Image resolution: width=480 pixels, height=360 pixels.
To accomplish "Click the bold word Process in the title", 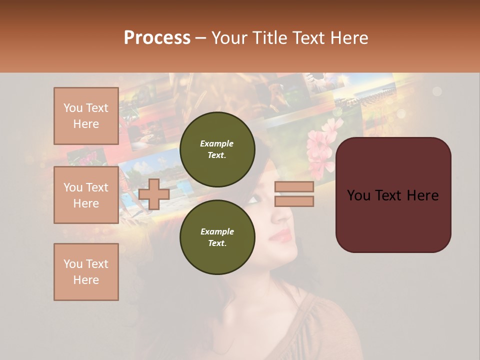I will [x=157, y=37].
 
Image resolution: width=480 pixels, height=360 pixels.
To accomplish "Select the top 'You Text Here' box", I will [x=86, y=116].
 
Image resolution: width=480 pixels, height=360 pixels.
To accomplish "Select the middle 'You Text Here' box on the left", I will [x=86, y=195].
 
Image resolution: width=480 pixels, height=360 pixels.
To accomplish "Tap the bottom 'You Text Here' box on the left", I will [x=86, y=272].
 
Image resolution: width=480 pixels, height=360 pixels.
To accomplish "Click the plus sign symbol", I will [x=154, y=194].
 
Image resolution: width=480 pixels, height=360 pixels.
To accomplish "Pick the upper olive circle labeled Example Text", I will [x=217, y=149].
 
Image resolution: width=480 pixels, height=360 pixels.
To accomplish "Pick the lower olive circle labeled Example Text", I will [x=217, y=237].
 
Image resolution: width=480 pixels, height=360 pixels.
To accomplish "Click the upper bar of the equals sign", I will [x=294, y=187].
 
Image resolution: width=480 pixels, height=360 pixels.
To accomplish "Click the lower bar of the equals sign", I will [x=294, y=201].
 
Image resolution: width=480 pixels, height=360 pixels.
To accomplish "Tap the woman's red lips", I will [x=281, y=235].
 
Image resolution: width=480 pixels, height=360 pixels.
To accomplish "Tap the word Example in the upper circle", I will [x=217, y=143].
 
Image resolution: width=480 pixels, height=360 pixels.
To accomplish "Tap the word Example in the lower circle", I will [x=217, y=231].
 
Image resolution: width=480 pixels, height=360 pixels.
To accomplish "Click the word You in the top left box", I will [x=73, y=108].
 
